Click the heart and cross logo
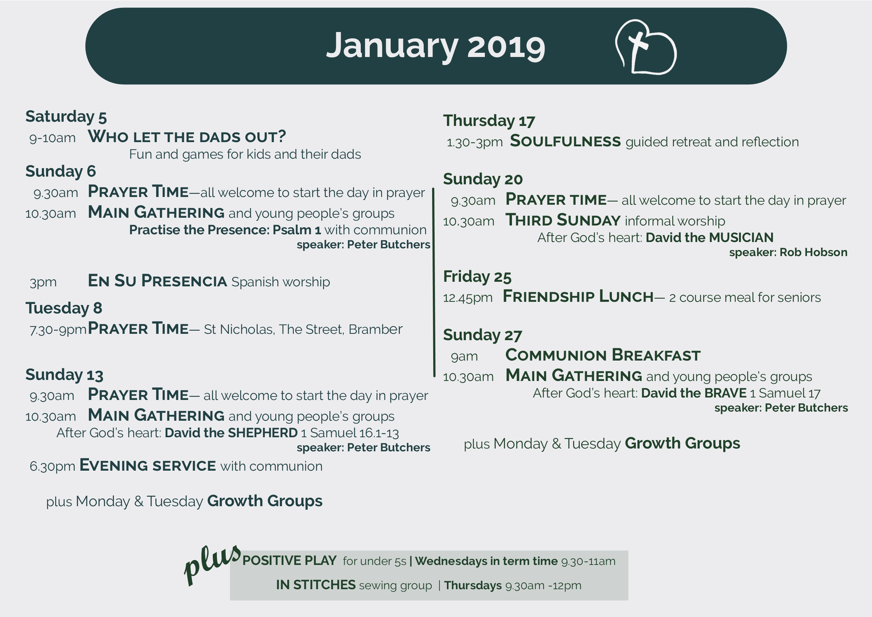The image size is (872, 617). point(646,47)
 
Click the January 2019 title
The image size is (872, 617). point(436,46)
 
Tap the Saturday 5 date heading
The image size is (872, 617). point(66,117)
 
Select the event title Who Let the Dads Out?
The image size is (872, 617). point(187,136)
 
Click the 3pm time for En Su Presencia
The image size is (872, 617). point(43,282)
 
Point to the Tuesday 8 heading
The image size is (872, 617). point(64,308)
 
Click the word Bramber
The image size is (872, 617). point(375,329)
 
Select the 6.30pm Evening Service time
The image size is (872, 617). point(52,466)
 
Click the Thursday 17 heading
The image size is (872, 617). point(489,121)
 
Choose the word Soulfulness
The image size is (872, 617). point(565,141)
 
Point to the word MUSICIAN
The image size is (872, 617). point(741,237)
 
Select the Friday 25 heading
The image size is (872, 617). point(477,276)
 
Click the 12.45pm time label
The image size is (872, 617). point(468,298)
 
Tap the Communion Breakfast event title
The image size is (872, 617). point(603,355)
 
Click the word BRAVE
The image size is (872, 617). point(727,393)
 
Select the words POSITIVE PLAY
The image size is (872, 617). point(289,560)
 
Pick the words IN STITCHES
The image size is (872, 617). point(316,585)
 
